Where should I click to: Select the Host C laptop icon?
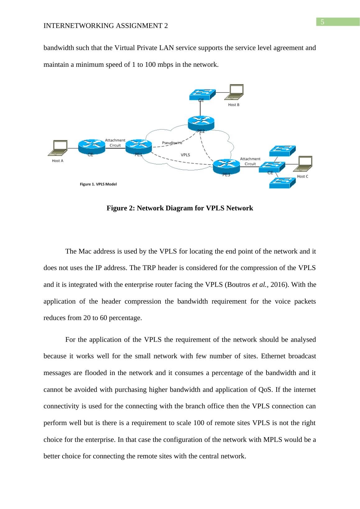[304, 164]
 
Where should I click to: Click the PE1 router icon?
[139, 146]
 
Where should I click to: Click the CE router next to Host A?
[91, 146]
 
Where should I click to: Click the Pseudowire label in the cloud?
[172, 143]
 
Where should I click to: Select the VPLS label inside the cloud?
[185, 154]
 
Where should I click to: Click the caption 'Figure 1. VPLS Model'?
[98, 184]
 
